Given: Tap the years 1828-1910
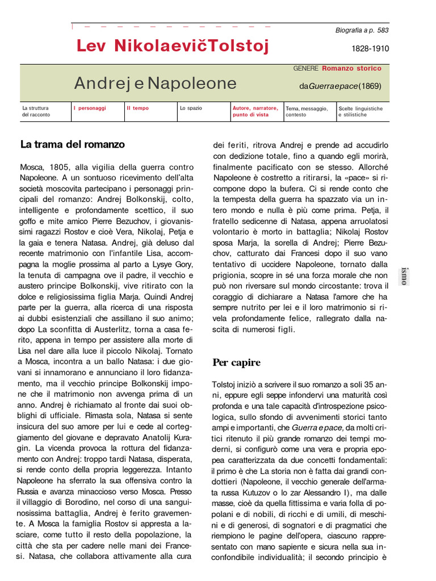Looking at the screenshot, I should tap(370, 49).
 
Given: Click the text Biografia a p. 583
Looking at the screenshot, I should tap(362, 31).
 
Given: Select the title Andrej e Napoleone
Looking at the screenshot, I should tap(155, 83).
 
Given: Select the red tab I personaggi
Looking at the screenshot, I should tap(90, 108).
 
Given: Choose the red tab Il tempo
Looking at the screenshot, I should tap(138, 108).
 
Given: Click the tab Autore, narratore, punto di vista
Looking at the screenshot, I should tap(255, 111).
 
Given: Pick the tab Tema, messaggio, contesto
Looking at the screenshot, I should tap(307, 111).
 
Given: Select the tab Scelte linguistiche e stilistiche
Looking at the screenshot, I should tap(360, 111).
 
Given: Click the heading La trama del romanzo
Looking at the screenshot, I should tap(72, 144).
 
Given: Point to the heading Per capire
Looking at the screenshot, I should tap(236, 362).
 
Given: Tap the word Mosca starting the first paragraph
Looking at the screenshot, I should tap(32, 169).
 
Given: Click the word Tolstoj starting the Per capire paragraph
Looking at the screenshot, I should tap(225, 384).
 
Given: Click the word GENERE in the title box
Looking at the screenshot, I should tap(306, 68).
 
